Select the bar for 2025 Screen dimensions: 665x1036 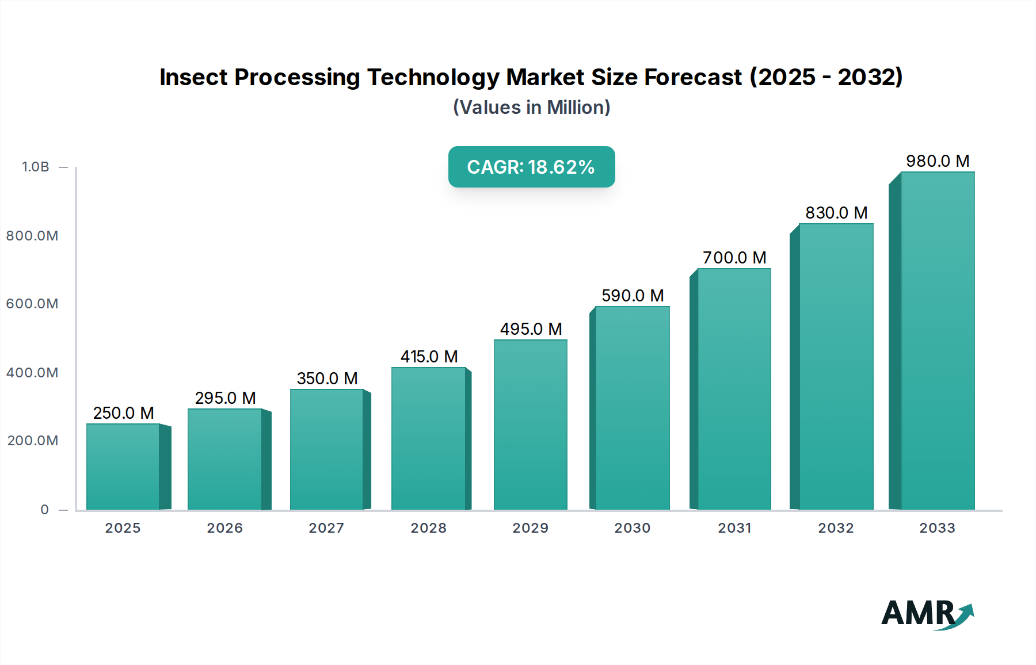pos(123,467)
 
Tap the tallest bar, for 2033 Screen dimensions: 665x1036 pos(938,341)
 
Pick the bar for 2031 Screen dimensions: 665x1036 pos(734,389)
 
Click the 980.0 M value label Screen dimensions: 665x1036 pos(938,161)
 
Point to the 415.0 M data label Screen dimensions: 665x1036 pos(429,357)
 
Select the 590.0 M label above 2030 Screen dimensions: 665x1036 pos(633,296)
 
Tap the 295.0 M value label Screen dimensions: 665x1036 pos(225,398)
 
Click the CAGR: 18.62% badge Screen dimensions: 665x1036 pos(531,167)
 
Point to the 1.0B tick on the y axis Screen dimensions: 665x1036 pos(36,167)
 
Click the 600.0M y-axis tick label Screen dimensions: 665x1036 pos(32,304)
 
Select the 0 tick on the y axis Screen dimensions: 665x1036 pos(45,510)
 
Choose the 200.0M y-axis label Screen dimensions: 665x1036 pos(33,441)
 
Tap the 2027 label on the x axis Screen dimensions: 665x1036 pos(326,528)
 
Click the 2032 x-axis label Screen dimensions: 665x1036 pos(836,528)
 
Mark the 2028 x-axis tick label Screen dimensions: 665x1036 pos(428,528)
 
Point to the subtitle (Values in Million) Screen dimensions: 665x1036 pos(531,108)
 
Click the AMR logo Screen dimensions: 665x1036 pos(926,614)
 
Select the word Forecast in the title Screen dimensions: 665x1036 pos(692,77)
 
